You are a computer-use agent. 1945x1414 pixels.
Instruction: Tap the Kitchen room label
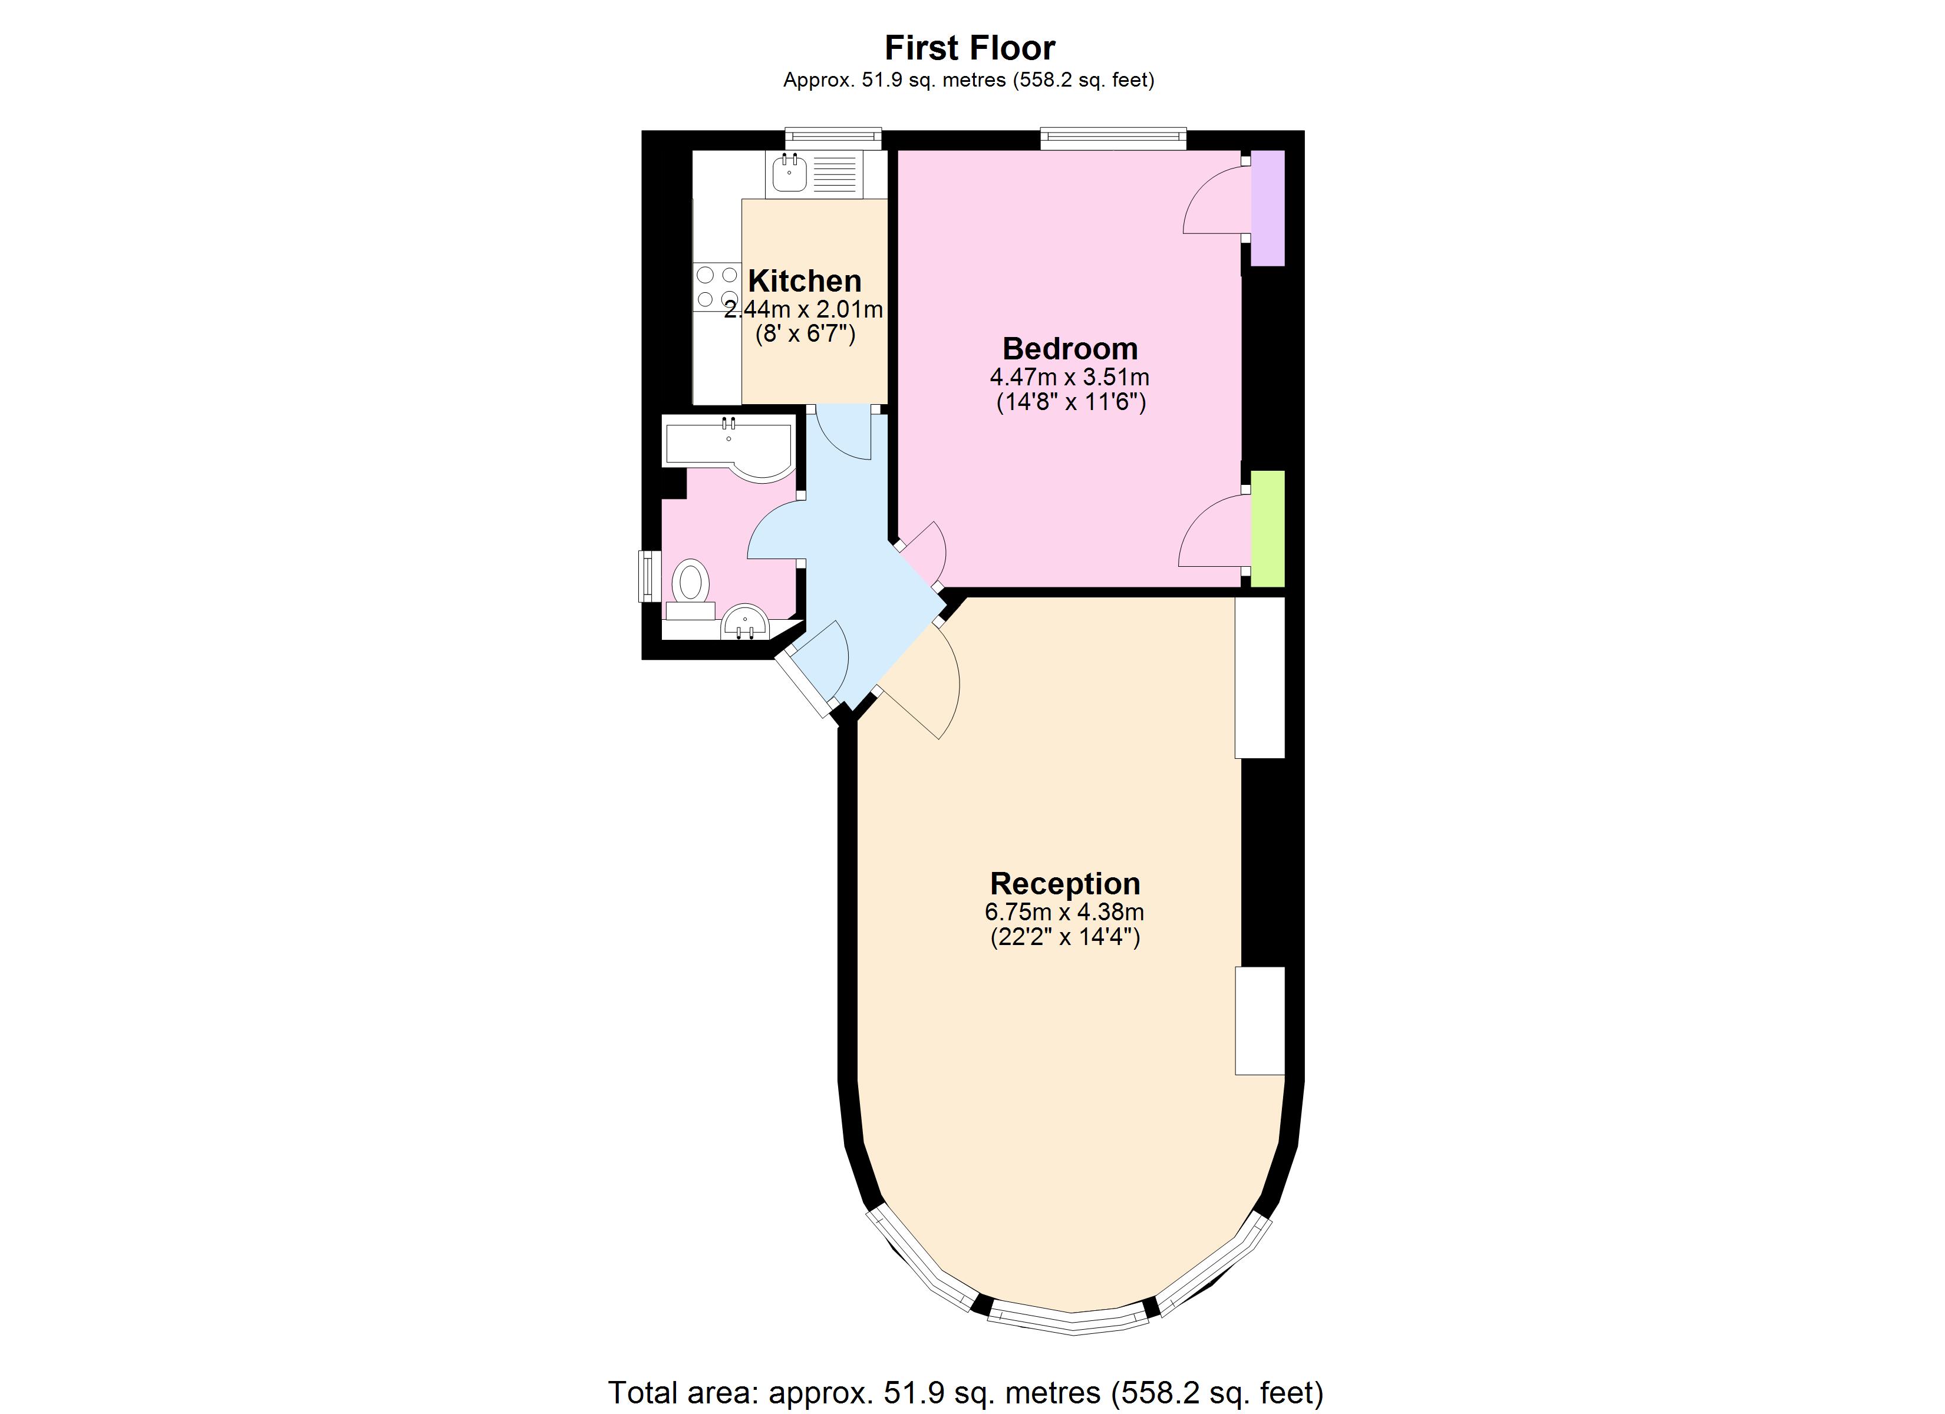click(805, 281)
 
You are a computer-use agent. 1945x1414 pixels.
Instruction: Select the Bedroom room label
click(1069, 349)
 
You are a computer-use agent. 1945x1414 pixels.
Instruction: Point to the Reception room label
click(1064, 883)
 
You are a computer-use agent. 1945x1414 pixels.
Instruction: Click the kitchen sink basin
click(789, 175)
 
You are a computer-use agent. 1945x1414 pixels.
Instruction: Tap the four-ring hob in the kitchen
click(717, 286)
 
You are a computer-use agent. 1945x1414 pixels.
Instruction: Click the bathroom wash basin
click(744, 621)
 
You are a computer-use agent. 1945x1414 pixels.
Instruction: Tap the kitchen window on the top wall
click(833, 138)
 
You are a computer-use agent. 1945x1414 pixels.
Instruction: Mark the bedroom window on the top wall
click(1113, 138)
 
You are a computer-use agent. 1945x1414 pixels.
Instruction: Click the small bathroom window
click(649, 576)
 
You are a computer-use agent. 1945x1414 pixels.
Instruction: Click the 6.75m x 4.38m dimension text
click(1064, 911)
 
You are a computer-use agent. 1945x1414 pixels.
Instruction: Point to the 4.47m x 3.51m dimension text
click(1069, 377)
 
